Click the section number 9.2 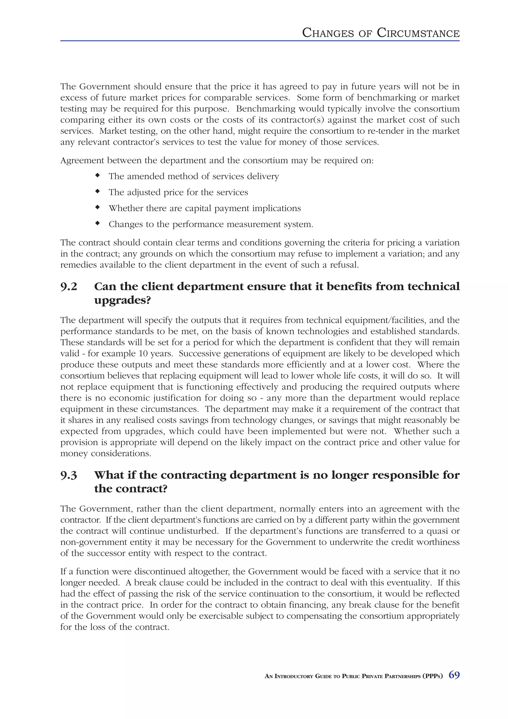click(x=68, y=287)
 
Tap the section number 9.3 click(x=68, y=475)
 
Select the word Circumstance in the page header click(x=418, y=33)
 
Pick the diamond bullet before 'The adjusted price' click(x=98, y=191)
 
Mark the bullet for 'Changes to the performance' click(x=98, y=223)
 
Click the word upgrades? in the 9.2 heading click(x=122, y=301)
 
